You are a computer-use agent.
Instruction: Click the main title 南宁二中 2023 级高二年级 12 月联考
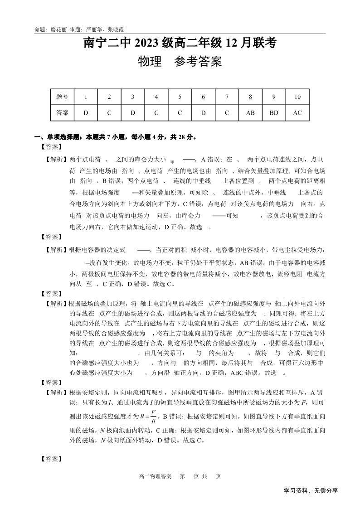tap(180, 44)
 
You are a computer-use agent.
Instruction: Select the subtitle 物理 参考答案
tap(180, 62)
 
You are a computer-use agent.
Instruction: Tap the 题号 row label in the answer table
tap(62, 97)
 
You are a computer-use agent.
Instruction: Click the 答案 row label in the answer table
tap(62, 113)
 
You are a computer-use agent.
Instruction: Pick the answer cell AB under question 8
tap(250, 113)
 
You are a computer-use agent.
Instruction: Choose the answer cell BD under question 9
tap(274, 113)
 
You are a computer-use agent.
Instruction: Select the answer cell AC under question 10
tap(297, 113)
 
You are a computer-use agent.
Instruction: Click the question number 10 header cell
tap(297, 97)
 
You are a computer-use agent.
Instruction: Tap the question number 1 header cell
tap(86, 97)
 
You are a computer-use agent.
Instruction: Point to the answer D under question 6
tap(203, 113)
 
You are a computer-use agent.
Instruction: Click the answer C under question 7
tap(227, 113)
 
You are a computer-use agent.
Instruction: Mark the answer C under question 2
tap(109, 113)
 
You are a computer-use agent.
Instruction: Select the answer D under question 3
tap(133, 113)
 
